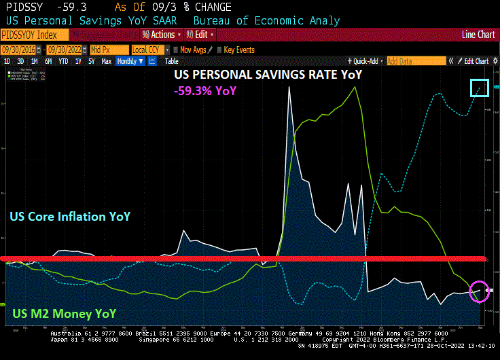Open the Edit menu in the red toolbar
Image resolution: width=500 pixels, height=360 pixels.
[x=204, y=35]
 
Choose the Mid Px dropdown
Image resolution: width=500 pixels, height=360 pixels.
[x=109, y=50]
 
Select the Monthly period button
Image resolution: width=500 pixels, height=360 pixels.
[x=130, y=61]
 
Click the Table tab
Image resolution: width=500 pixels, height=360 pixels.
[x=172, y=61]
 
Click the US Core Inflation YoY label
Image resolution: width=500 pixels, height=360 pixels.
[x=70, y=217]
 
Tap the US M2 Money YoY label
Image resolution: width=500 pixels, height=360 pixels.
[x=64, y=314]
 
